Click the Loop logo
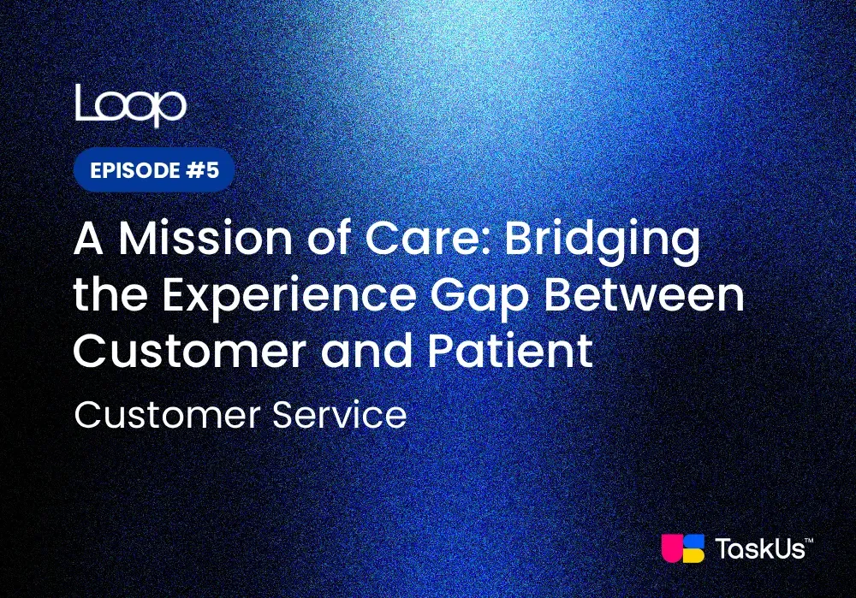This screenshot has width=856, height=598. point(130,105)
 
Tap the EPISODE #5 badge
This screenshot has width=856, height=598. point(154,169)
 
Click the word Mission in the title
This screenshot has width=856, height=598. point(205,239)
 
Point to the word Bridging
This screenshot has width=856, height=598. point(602,243)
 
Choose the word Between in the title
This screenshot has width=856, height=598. point(645,295)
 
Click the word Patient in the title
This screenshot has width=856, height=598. point(510,350)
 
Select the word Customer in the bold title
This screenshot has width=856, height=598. point(190,351)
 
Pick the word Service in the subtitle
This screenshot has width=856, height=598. point(340,415)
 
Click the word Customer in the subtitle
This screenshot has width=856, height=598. point(167,415)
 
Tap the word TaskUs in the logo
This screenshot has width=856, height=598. point(760,549)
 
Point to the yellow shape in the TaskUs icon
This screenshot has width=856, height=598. point(693,556)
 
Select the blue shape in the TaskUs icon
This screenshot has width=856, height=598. point(694,542)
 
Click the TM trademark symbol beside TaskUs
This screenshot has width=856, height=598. point(809,540)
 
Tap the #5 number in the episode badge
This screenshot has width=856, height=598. point(203,169)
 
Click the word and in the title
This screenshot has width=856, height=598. point(367,350)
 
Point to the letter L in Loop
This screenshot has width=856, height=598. point(84,102)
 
